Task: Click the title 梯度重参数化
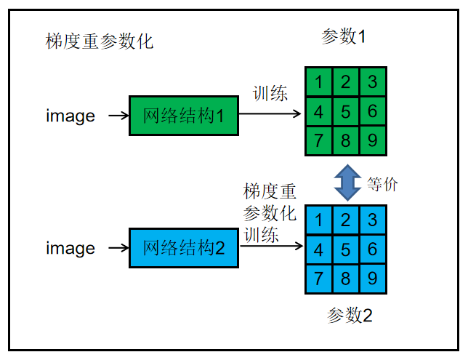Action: pos(100,41)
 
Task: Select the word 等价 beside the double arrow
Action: pos(382,184)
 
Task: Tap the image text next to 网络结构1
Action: pos(70,116)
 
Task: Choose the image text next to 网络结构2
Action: pos(70,249)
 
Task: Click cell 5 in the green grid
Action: pos(345,111)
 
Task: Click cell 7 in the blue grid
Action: pos(319,277)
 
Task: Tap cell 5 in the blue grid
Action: pos(346,249)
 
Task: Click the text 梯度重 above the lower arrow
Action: pos(270,192)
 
